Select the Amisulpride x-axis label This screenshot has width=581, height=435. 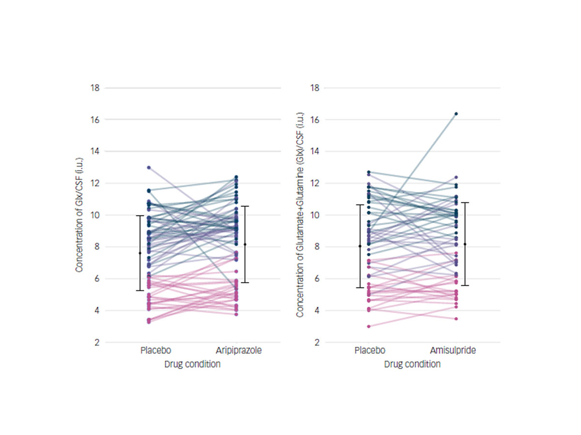pyautogui.click(x=453, y=350)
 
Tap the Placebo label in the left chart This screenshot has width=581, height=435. pyautogui.click(x=155, y=350)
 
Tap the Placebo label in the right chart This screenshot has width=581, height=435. pyautogui.click(x=370, y=350)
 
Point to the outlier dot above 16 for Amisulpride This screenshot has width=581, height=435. pyautogui.click(x=456, y=114)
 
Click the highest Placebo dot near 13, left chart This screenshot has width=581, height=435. pyautogui.click(x=149, y=167)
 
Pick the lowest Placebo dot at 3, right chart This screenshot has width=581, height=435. pyautogui.click(x=368, y=326)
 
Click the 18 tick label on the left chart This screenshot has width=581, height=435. pyautogui.click(x=95, y=88)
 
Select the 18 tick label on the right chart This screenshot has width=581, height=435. pyautogui.click(x=314, y=88)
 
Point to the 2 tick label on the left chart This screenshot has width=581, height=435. pyautogui.click(x=97, y=343)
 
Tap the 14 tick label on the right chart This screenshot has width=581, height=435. pyautogui.click(x=314, y=151)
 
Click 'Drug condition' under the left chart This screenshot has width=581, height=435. pyautogui.click(x=192, y=364)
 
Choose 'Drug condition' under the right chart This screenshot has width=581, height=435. pyautogui.click(x=412, y=364)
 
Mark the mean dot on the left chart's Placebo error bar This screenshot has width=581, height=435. pyautogui.click(x=140, y=253)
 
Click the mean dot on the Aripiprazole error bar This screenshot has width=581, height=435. pyautogui.click(x=245, y=245)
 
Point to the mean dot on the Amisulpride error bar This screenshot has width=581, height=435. pyautogui.click(x=465, y=244)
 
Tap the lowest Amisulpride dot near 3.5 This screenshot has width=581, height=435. pyautogui.click(x=456, y=319)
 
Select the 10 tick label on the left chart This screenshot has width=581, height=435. pyautogui.click(x=95, y=215)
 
